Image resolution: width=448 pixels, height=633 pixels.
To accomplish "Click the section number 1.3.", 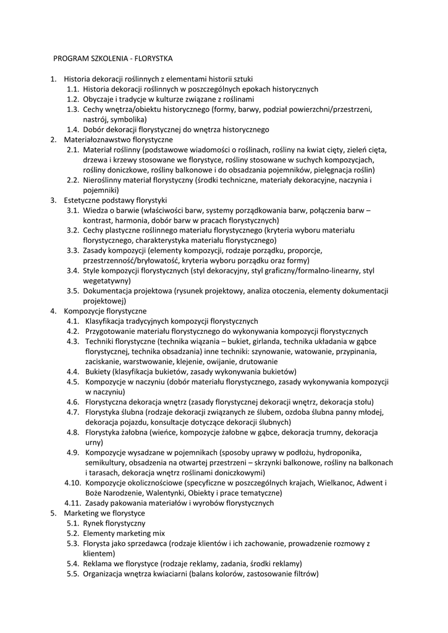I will click(73, 109).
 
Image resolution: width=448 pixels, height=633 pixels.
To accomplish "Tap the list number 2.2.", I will click(73, 181).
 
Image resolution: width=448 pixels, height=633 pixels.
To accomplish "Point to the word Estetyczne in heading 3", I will click(83, 200).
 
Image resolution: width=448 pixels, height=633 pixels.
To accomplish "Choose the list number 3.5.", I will click(73, 291).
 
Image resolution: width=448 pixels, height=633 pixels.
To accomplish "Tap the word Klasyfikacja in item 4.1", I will click(106, 321).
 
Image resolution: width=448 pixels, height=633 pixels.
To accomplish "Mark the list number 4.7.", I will click(73, 412).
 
